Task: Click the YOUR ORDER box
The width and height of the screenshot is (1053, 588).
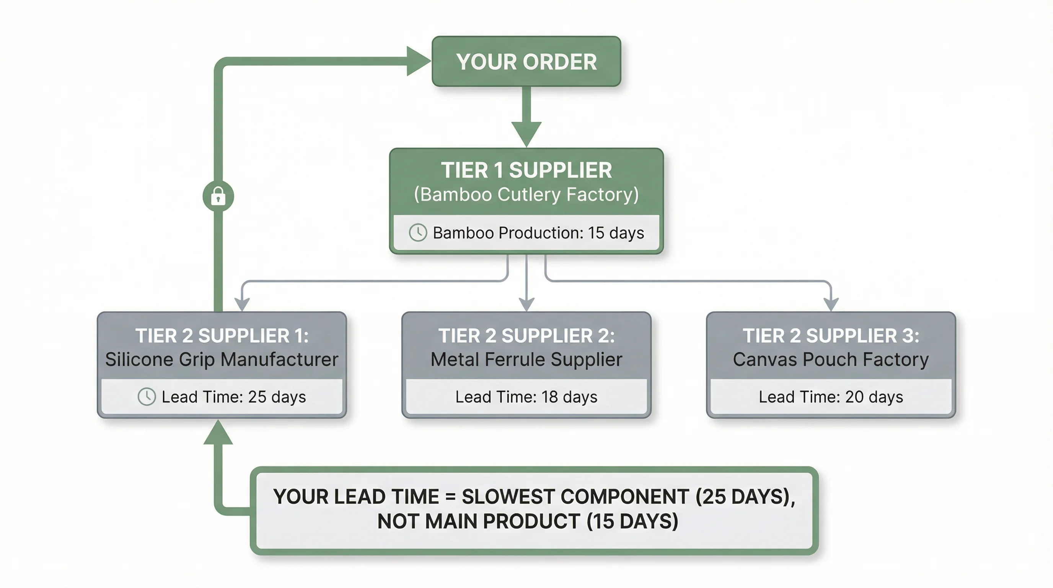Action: point(526,61)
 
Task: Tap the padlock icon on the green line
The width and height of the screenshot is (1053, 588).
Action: point(218,196)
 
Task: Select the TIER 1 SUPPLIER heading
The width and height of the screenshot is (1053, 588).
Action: point(526,170)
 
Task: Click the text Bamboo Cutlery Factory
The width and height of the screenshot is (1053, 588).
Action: point(526,194)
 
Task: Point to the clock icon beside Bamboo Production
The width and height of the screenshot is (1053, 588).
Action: point(418,233)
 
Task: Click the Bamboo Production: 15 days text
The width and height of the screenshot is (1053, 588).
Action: point(538,233)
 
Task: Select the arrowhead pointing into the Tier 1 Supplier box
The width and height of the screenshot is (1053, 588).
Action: point(526,134)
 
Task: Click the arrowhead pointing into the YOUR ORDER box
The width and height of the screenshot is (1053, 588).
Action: point(418,61)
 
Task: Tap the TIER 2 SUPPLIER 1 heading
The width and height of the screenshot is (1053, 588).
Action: point(222,336)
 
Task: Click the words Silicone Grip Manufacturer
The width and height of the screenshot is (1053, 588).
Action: point(222,359)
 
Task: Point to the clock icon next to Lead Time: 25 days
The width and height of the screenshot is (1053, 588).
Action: point(146,397)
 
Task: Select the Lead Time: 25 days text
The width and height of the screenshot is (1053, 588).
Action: point(233,397)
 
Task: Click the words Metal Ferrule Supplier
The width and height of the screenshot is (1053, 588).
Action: point(526,359)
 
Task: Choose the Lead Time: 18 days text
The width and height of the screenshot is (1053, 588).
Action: point(526,397)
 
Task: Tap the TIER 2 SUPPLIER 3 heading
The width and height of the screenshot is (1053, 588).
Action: point(831,336)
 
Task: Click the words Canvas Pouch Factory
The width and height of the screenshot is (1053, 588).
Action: point(831,359)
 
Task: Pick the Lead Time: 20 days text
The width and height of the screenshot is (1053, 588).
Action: point(831,397)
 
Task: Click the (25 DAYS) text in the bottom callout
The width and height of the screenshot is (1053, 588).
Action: point(745,497)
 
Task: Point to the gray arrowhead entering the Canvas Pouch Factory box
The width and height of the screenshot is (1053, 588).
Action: point(831,304)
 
